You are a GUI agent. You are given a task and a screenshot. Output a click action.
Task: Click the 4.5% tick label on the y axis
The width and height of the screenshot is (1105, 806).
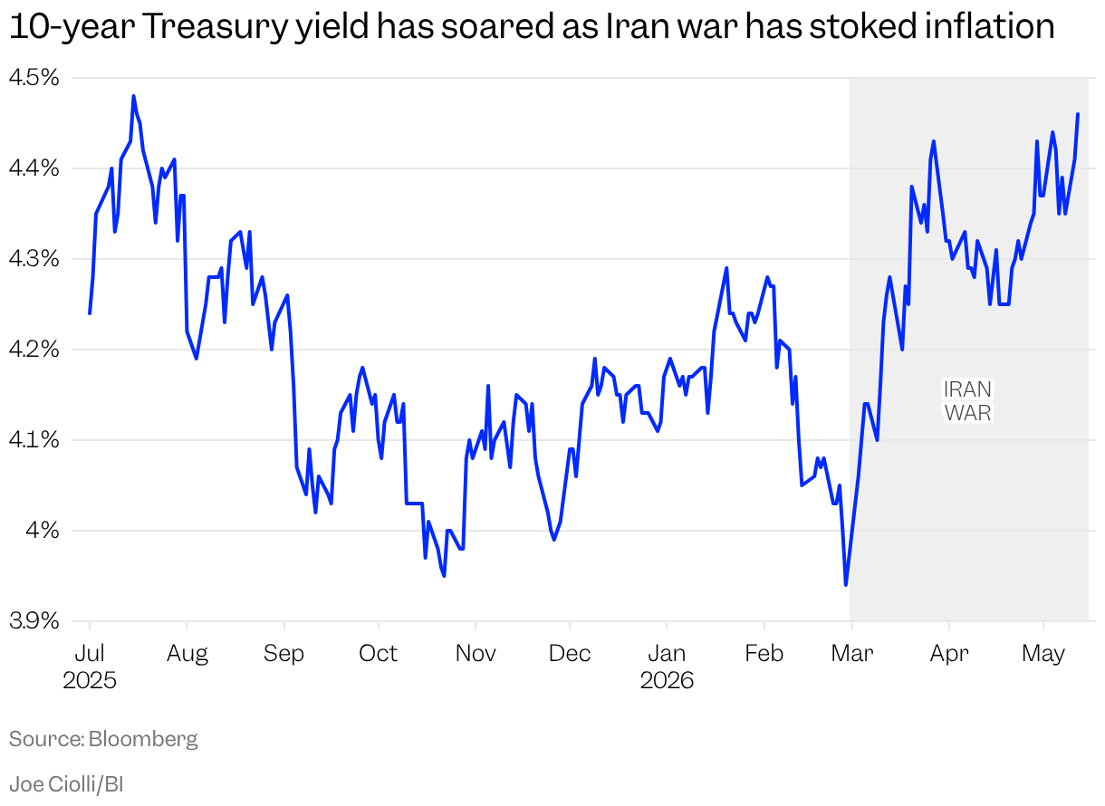tap(34, 78)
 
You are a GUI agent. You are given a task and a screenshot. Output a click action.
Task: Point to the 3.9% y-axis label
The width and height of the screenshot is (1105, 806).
tap(34, 621)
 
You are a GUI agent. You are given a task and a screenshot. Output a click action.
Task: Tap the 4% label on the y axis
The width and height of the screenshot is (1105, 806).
tap(43, 531)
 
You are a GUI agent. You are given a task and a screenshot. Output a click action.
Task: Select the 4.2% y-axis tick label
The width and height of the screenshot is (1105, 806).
tap(34, 350)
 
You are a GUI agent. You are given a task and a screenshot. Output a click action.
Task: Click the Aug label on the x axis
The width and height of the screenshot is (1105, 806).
tap(187, 655)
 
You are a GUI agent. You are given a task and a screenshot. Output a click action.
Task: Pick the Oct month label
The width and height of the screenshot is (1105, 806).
tap(378, 654)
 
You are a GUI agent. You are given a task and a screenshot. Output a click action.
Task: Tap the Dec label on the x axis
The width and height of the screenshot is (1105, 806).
tap(570, 654)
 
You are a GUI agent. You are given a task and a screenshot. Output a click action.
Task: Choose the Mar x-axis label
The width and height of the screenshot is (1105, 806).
tap(852, 654)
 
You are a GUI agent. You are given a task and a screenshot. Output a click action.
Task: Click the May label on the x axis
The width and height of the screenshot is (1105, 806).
tap(1043, 655)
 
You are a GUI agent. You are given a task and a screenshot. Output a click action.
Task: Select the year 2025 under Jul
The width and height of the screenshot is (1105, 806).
tap(90, 681)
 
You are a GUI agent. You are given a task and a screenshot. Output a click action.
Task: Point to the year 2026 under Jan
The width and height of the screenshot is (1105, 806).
tap(667, 681)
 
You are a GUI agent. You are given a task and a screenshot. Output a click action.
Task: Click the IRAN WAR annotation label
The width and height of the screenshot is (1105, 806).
tap(967, 401)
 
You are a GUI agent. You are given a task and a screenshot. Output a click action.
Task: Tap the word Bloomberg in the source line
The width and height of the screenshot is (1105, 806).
tap(143, 739)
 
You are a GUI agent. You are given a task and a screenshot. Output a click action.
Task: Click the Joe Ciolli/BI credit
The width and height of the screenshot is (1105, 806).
tap(66, 784)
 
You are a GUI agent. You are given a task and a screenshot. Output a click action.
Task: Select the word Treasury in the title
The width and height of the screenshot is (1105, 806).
tap(215, 28)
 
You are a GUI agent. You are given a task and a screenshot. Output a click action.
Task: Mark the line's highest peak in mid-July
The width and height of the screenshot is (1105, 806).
tap(134, 96)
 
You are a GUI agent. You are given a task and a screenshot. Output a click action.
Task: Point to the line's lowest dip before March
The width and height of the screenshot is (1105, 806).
tap(846, 584)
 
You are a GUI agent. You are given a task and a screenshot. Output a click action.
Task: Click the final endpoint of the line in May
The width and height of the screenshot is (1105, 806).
tap(1078, 114)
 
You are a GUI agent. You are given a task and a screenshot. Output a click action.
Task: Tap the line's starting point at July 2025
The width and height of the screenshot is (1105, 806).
tap(90, 312)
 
